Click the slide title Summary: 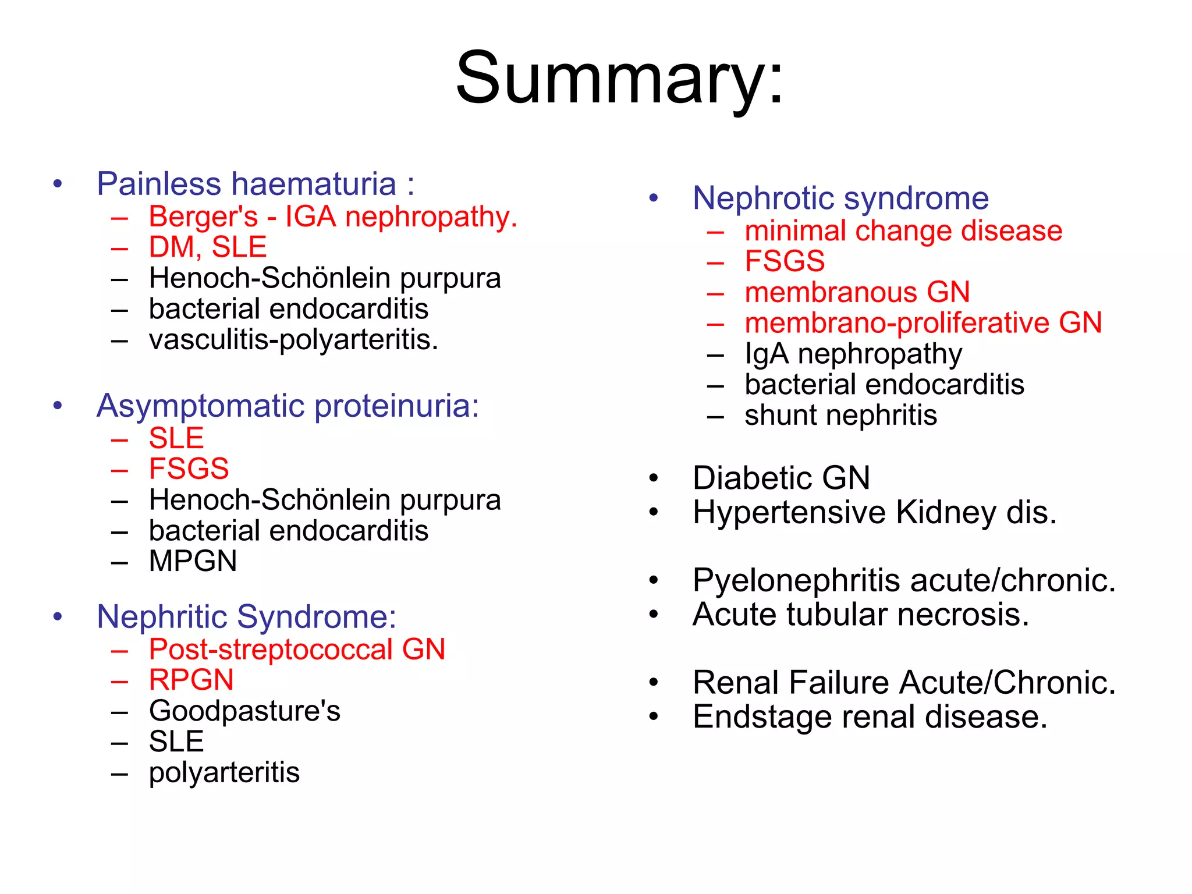619,79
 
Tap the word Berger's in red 203,217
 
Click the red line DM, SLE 208,247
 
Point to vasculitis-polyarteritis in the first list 293,340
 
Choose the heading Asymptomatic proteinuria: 288,406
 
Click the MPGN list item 193,562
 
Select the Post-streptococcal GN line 297,650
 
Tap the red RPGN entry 191,680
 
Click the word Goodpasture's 244,711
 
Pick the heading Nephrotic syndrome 840,198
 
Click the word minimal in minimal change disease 795,231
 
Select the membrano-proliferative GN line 923,323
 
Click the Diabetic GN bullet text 781,478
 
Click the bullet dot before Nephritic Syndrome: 57,616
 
